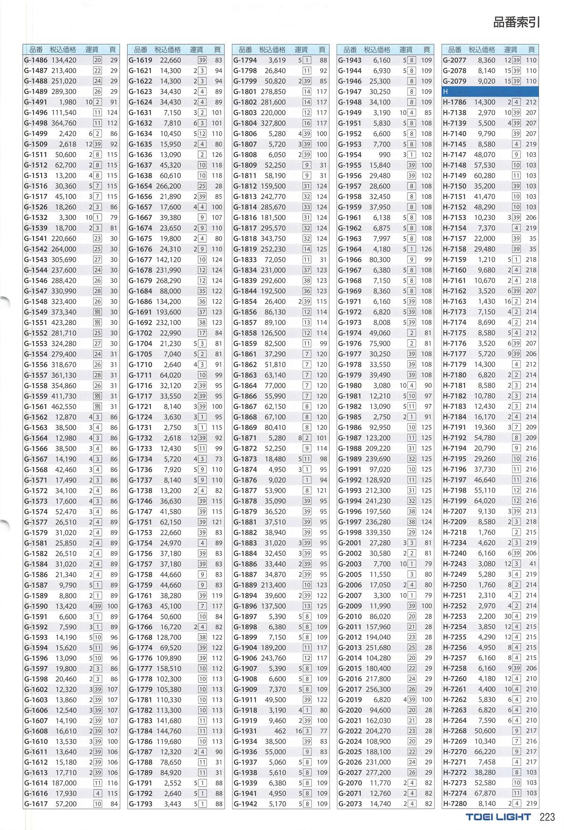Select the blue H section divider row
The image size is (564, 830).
[490, 92]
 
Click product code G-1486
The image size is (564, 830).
[36, 61]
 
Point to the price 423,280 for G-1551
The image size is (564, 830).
[64, 323]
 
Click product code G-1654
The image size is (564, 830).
[140, 186]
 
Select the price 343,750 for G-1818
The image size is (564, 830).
[273, 239]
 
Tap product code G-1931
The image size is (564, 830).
[245, 731]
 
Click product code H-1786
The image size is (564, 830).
[454, 102]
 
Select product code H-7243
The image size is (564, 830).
[454, 564]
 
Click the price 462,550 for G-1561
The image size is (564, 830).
[64, 406]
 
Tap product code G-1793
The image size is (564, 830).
[140, 804]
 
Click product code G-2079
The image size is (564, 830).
[454, 81]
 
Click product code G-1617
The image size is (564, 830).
[36, 804]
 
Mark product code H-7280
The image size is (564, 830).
[454, 804]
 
